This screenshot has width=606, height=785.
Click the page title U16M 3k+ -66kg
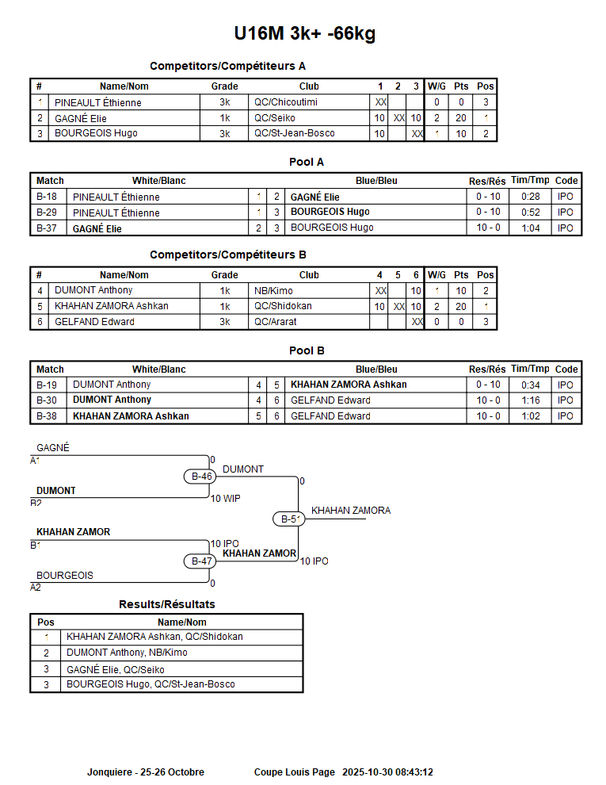304,33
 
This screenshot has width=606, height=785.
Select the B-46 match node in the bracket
201,477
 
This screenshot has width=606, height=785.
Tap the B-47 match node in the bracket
201,561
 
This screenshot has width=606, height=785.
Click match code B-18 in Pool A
47,197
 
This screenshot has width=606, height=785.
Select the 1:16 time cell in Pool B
531,400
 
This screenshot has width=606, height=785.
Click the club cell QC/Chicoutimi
287,102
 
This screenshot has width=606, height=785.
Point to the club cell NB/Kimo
274,290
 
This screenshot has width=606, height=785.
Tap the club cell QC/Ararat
276,322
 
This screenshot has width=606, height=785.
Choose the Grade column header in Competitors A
224,86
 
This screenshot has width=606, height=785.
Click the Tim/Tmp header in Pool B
530,369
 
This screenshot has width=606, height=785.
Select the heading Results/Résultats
166,604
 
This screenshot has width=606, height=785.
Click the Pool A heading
306,163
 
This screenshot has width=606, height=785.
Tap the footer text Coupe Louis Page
294,772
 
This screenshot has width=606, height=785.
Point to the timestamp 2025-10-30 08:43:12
387,772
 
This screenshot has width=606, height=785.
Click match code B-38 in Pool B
47,416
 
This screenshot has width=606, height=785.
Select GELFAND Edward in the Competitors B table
94,322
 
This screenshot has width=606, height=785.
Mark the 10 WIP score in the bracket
226,499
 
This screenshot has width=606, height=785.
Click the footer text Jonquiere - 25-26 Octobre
146,772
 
